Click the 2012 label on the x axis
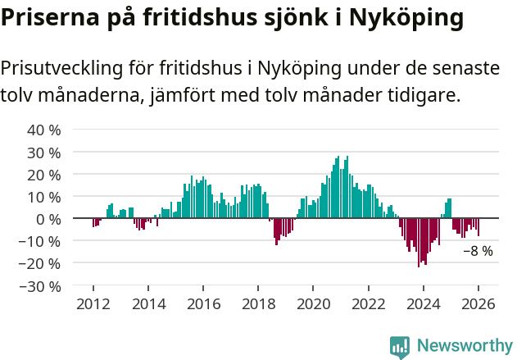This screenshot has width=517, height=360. [x=93, y=304]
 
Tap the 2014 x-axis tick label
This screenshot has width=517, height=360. [x=148, y=304]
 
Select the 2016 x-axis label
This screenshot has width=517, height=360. [x=203, y=304]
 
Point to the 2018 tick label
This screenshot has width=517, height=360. [x=258, y=304]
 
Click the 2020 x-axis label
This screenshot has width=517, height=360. [x=313, y=304]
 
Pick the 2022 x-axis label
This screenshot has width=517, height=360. [x=368, y=304]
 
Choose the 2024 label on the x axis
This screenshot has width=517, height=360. [x=423, y=304]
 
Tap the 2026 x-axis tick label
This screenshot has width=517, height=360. [x=478, y=304]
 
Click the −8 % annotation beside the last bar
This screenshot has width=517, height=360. [x=478, y=251]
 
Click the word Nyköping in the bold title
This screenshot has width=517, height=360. [x=400, y=18]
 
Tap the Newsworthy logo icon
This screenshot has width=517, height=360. [x=400, y=347]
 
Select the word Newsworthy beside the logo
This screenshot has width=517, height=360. [x=464, y=347]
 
